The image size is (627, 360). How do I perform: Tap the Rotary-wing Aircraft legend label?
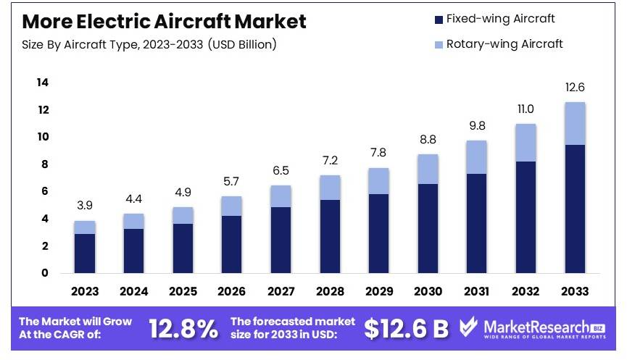click(504, 43)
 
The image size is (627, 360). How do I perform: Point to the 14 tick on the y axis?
click(43, 83)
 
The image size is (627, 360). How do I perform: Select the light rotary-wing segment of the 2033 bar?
click(575, 124)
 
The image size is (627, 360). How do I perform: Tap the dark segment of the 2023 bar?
click(85, 253)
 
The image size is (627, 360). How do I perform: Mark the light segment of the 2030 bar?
click(428, 169)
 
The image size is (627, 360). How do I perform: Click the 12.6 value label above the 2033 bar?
click(575, 88)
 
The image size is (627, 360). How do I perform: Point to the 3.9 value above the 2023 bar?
click(85, 206)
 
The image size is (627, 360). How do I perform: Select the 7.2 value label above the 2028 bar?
click(330, 161)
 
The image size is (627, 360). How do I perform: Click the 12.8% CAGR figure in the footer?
click(183, 329)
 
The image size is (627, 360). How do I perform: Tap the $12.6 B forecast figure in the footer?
click(406, 329)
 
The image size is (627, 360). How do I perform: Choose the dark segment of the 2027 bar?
click(281, 240)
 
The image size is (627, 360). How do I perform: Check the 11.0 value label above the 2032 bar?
click(526, 109)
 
